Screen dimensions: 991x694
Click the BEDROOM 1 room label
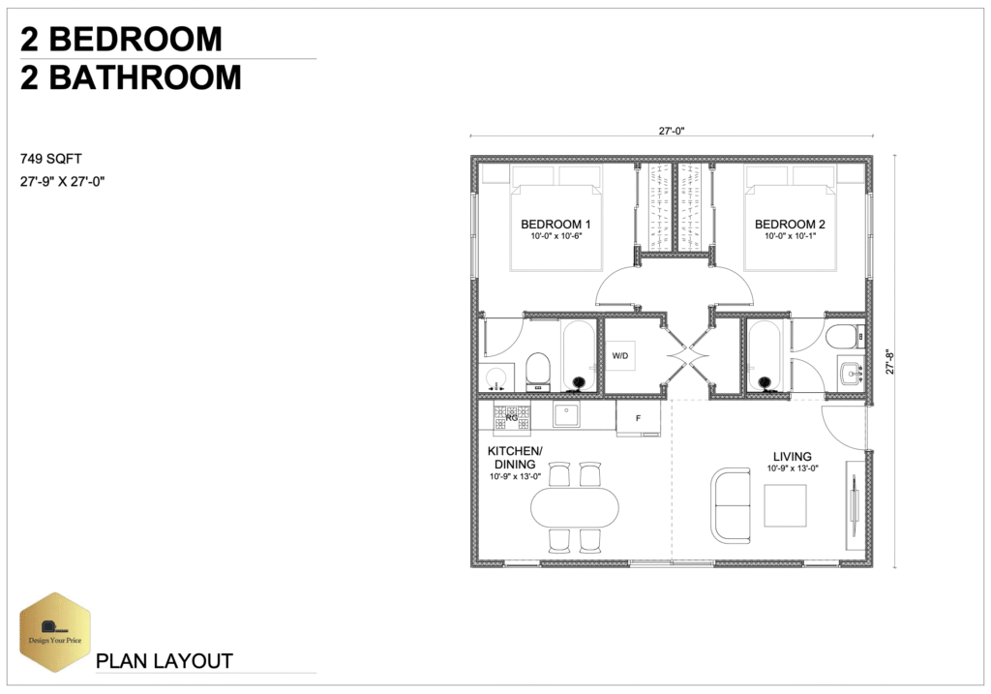pos(556,225)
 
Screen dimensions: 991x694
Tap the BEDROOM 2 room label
pos(790,225)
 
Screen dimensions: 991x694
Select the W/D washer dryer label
pos(620,356)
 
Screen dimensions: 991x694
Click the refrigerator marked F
pos(639,418)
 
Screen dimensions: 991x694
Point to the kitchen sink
pos(565,414)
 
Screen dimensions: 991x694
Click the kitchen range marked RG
pos(511,418)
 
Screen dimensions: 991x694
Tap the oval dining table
pos(575,507)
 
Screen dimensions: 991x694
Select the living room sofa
pos(732,505)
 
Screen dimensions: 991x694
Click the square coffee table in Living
pos(786,505)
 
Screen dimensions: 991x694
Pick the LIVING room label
pos(793,456)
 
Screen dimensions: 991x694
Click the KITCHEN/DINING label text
pos(515,458)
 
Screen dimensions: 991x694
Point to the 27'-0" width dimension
pos(672,131)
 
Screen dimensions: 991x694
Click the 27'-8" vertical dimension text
pos(890,362)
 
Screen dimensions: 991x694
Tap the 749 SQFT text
pos(51,159)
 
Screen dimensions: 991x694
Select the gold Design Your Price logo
pos(55,632)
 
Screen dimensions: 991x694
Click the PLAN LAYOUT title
pos(165,661)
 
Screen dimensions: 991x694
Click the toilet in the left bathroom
pos(538,371)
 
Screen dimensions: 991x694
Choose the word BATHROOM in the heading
pos(145,77)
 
